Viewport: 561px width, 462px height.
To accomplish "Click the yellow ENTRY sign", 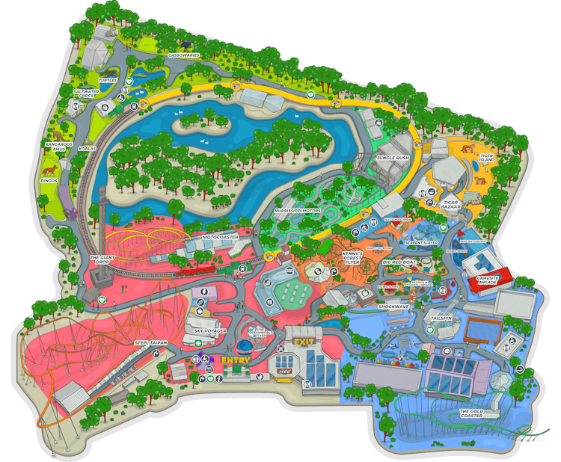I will pyautogui.click(x=235, y=360).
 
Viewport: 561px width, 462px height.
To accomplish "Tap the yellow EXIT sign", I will pyautogui.click(x=304, y=342).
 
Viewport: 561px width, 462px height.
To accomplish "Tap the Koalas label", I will pyautogui.click(x=87, y=149).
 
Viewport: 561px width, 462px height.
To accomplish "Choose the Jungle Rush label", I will pyautogui.click(x=393, y=158).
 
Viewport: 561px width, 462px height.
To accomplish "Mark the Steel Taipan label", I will pyautogui.click(x=151, y=342).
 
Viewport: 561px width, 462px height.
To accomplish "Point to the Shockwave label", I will pyautogui.click(x=393, y=306).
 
